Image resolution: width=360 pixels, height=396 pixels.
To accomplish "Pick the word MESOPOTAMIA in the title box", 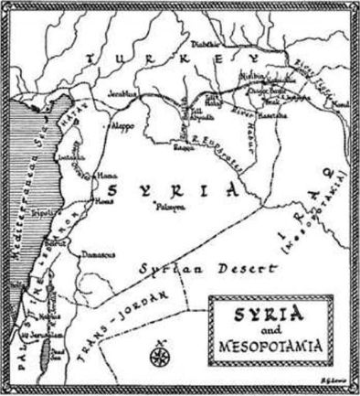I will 273,349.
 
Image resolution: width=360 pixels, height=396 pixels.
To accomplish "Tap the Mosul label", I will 340,106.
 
